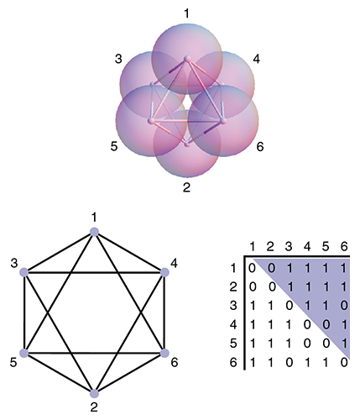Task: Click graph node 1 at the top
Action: (95, 232)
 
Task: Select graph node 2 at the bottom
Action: (95, 393)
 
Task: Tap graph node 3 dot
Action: (24, 272)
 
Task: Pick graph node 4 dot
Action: (164, 272)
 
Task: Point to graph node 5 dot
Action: (24, 353)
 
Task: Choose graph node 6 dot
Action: (164, 353)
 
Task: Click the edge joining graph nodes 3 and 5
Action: (24, 312)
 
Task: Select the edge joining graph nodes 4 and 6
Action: (164, 312)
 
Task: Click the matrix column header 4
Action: (307, 246)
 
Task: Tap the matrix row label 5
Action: (233, 344)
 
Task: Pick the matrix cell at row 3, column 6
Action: (344, 306)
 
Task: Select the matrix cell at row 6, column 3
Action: (289, 362)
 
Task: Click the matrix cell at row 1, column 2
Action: (271, 268)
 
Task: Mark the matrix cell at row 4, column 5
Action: (326, 324)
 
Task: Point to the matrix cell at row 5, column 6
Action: (344, 344)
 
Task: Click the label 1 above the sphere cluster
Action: (187, 13)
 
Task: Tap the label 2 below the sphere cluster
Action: (186, 187)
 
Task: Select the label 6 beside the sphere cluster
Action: (260, 147)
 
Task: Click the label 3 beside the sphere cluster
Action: (118, 59)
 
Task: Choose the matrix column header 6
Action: (344, 246)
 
